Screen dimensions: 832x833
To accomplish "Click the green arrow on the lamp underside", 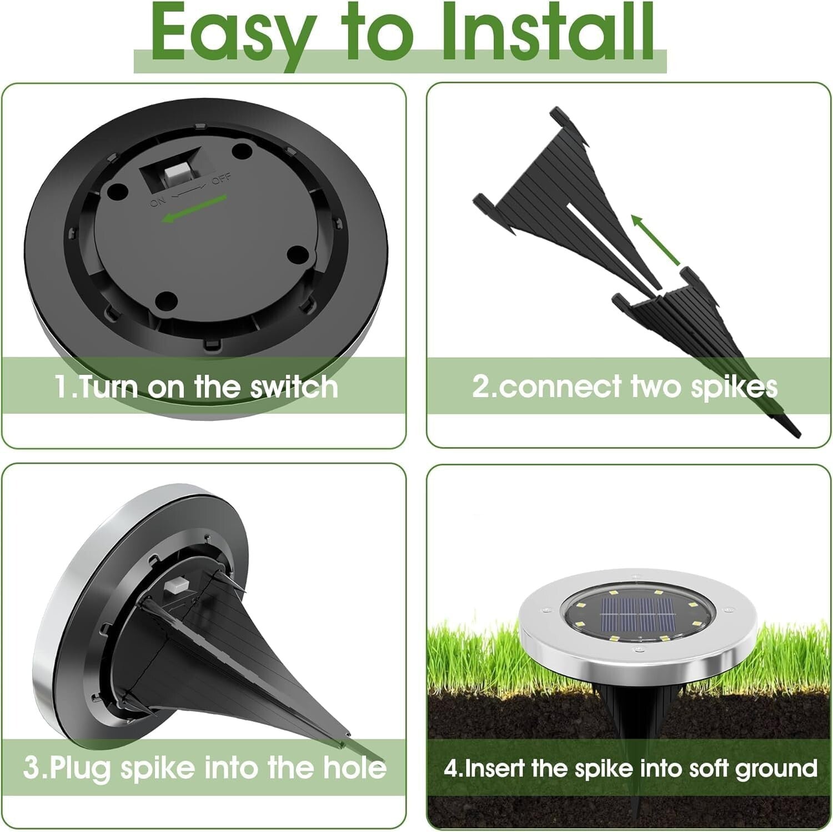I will coord(194,209).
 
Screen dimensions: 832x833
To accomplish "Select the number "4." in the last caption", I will coord(453,768).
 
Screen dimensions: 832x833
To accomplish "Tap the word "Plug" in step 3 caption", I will coord(82,768).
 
